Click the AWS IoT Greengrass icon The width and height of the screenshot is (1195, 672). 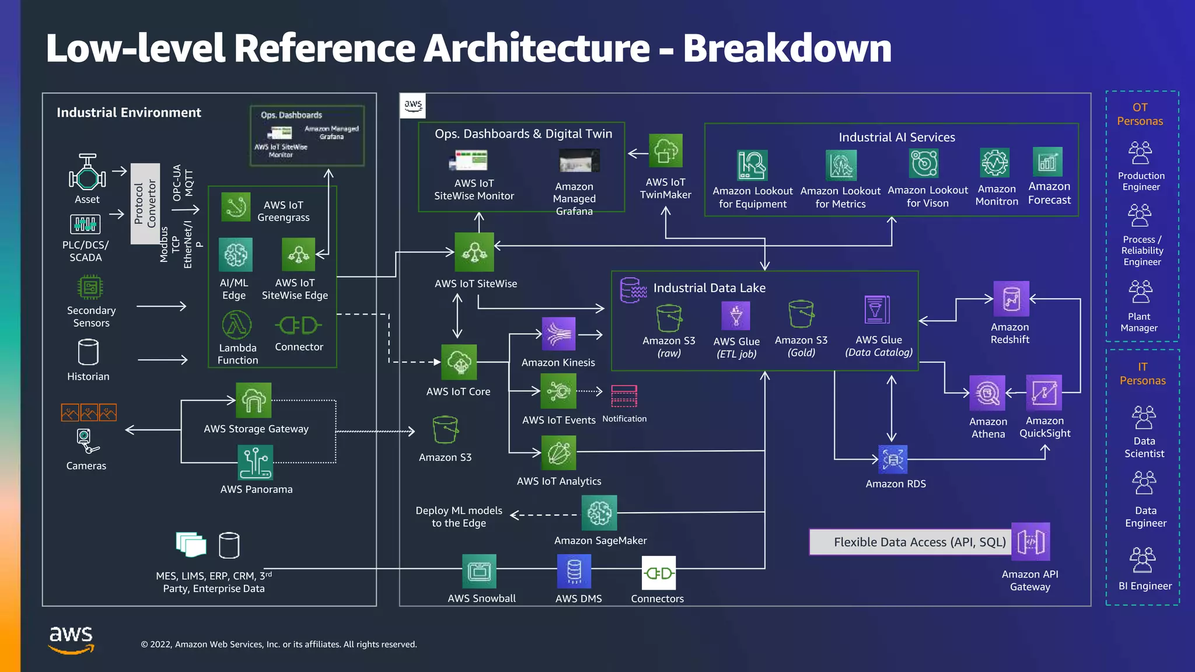236,207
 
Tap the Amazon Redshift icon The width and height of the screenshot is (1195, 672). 1011,299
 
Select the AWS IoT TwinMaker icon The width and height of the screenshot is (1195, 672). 666,151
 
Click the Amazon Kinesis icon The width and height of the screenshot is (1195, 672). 558,334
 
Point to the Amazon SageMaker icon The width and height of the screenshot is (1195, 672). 599,513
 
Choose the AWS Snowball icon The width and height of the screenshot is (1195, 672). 479,571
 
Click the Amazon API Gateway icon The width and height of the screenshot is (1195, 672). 1030,541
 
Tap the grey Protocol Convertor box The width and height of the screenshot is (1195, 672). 145,203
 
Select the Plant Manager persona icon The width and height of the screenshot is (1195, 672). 1140,292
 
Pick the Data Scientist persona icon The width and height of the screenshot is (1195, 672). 1144,418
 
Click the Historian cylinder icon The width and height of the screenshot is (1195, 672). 88,352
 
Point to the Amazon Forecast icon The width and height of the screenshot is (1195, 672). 1047,162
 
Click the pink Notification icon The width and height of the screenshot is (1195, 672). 624,396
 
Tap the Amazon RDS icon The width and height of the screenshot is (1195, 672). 893,460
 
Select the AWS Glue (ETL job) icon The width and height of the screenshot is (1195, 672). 736,316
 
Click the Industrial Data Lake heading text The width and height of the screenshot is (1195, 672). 709,288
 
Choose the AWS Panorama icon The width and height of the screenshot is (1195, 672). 255,463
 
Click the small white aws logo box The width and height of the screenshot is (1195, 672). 413,106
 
